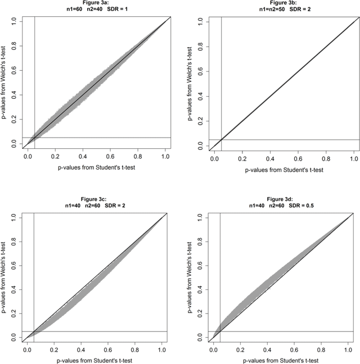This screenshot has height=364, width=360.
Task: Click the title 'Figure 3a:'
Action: pos(96,3)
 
